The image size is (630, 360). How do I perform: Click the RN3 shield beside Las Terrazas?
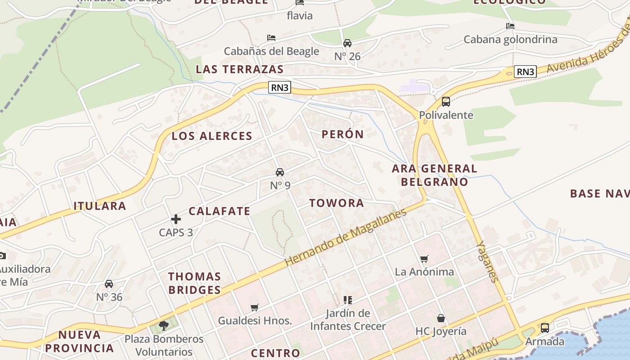[x=279, y=87]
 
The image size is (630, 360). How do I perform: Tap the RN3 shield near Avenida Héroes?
[x=525, y=72]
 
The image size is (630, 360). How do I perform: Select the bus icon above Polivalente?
[x=446, y=102]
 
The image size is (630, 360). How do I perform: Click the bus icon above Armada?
[x=544, y=328]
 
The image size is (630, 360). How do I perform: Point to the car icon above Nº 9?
[x=280, y=172]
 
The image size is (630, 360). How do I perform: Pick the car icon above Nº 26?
[x=347, y=43]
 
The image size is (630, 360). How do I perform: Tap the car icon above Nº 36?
[x=109, y=284]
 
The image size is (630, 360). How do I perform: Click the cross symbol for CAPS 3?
[x=176, y=219]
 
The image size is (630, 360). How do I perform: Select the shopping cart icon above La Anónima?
[x=424, y=259]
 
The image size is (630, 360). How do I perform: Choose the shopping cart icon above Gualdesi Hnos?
[x=255, y=308]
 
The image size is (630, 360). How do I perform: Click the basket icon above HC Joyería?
[x=441, y=319]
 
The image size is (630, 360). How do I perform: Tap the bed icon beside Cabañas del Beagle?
[x=271, y=38]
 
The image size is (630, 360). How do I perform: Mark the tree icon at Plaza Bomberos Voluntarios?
[x=164, y=325]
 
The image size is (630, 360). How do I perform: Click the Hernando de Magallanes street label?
[x=346, y=237]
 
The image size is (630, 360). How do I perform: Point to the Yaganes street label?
[x=488, y=261]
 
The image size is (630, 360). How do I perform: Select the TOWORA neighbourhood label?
[x=337, y=203]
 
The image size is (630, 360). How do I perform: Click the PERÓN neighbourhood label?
[x=342, y=134]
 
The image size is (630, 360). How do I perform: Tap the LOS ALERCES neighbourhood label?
[x=212, y=136]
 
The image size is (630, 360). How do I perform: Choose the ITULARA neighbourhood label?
[x=100, y=206]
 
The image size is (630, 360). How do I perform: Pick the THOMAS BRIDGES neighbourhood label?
[x=194, y=283]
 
